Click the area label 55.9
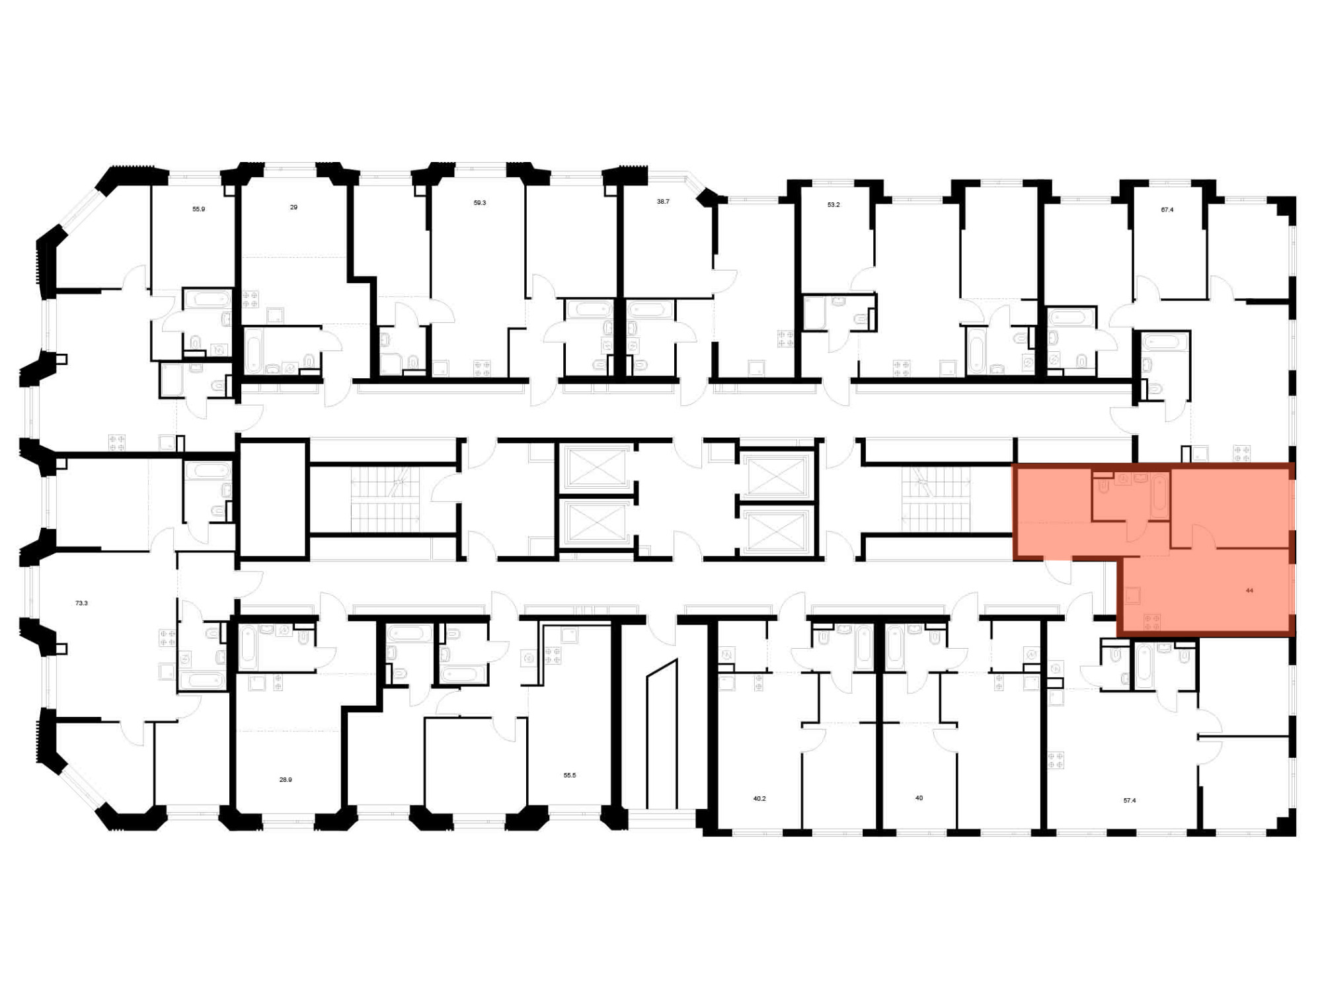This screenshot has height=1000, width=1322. click(x=199, y=209)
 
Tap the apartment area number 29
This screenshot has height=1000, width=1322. click(x=293, y=207)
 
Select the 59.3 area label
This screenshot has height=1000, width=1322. click(x=480, y=203)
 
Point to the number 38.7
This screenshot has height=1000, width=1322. click(x=663, y=202)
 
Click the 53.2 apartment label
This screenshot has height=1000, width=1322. click(x=834, y=205)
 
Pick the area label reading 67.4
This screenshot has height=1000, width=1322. click(x=1167, y=210)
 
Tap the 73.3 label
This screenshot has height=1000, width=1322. click(x=81, y=603)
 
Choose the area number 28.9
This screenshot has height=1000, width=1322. click(x=286, y=780)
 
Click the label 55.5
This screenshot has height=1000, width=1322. click(x=570, y=775)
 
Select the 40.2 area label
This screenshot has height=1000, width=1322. click(x=759, y=799)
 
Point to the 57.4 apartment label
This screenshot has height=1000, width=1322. click(x=1130, y=800)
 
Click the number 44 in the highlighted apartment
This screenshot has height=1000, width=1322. click(x=1249, y=591)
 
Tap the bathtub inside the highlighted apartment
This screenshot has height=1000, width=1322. click(x=1159, y=496)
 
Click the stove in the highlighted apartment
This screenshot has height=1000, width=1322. click(x=1152, y=622)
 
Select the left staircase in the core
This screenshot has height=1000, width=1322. click(x=385, y=500)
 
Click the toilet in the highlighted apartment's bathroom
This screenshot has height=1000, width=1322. click(x=1103, y=486)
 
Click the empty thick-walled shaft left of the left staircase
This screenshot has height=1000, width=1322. click(x=274, y=500)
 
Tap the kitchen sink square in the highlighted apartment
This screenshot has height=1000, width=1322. click(x=1132, y=596)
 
